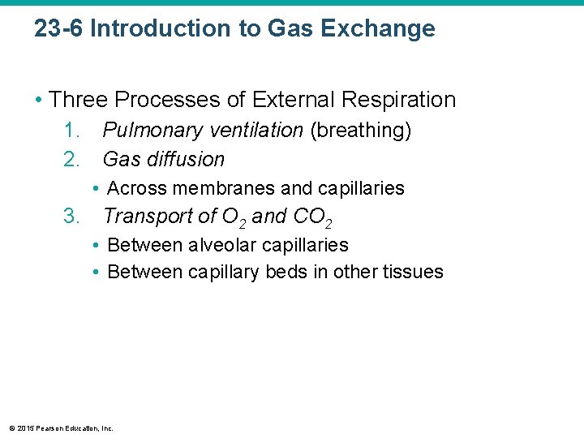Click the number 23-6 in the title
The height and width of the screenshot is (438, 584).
[59, 29]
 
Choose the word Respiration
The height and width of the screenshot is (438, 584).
[402, 101]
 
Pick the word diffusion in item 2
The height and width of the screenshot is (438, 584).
[187, 159]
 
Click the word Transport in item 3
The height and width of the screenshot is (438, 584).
[146, 217]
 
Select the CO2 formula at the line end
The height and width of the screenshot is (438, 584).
[311, 217]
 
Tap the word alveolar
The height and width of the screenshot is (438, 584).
[221, 245]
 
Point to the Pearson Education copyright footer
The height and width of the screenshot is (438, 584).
[62, 427]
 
